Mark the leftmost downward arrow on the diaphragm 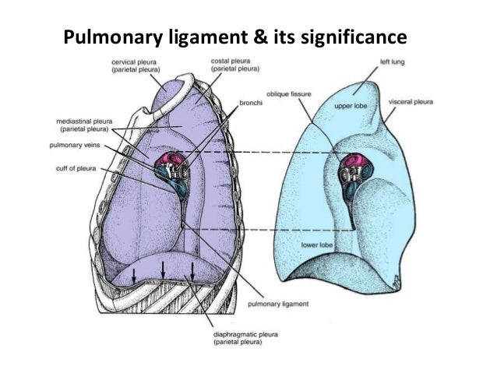(134, 275)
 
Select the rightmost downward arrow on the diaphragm (192, 271)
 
